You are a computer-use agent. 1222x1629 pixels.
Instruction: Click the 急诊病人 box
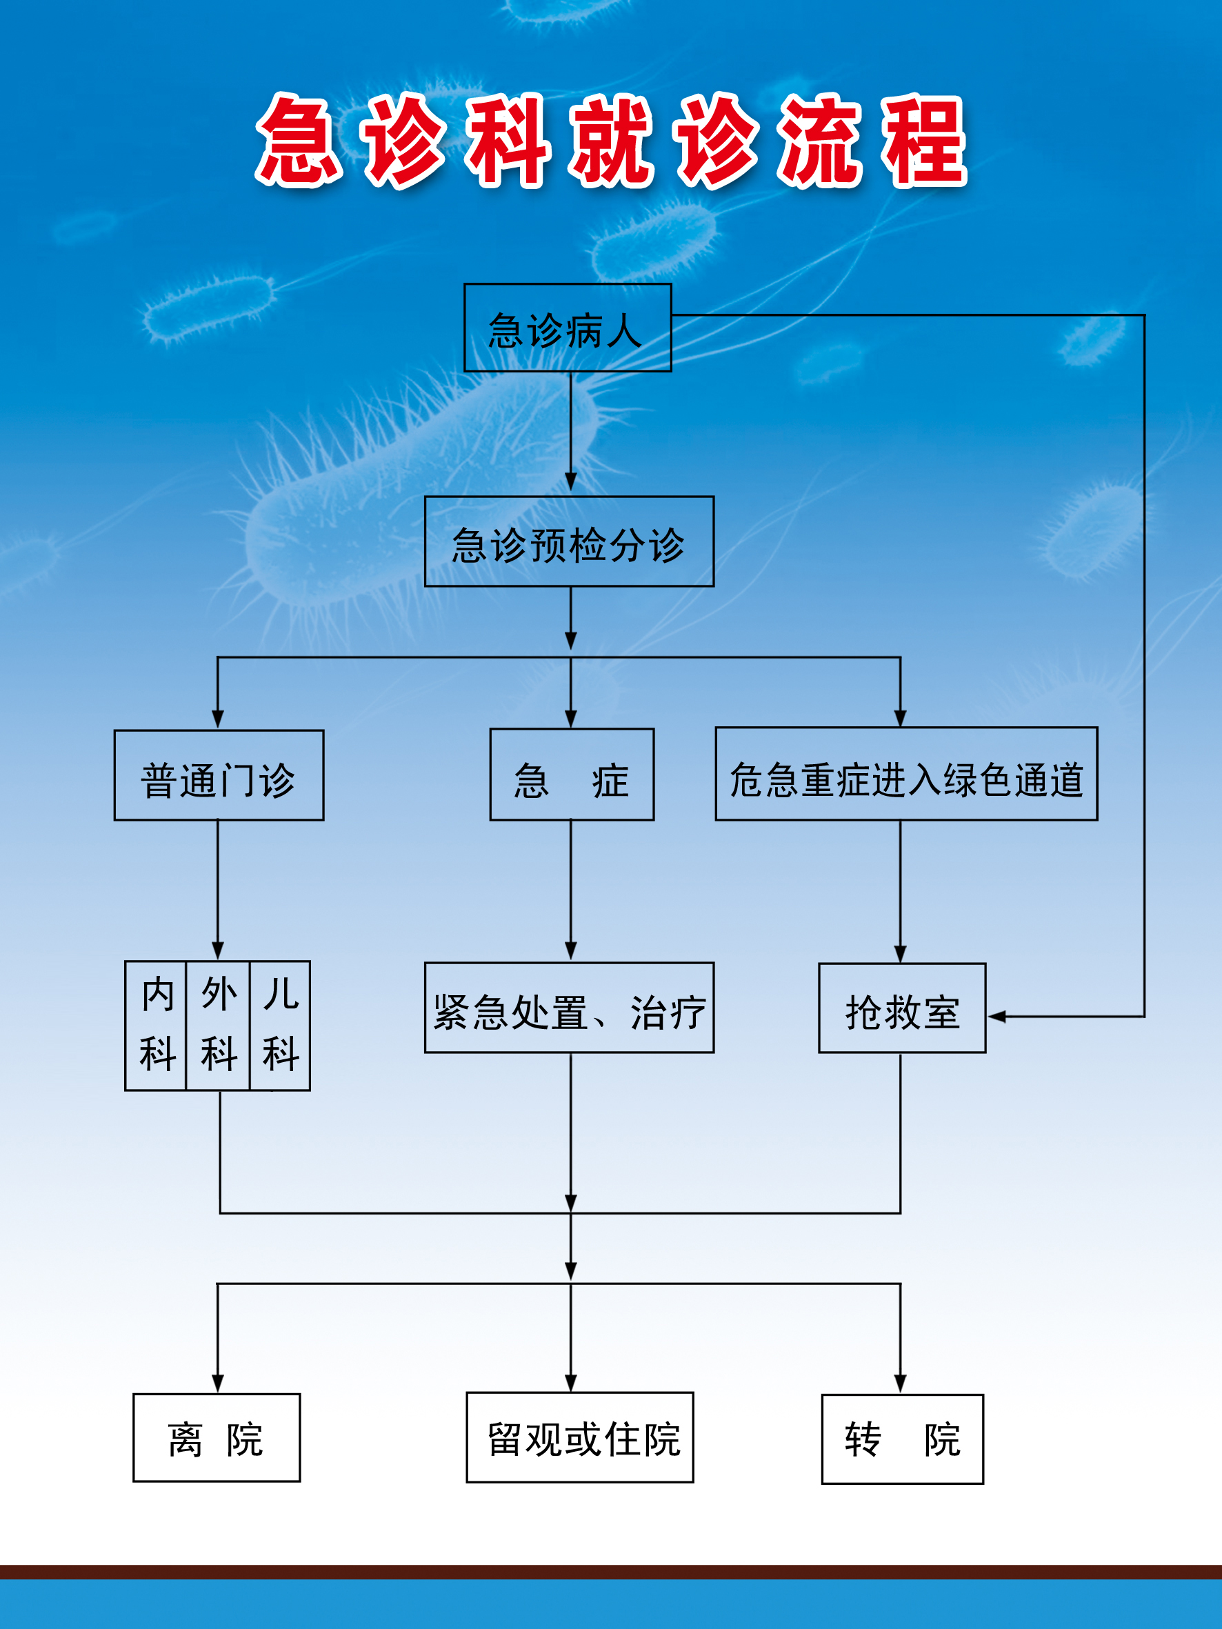pyautogui.click(x=567, y=328)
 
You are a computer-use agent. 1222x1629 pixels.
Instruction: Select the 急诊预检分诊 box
pyautogui.click(x=569, y=542)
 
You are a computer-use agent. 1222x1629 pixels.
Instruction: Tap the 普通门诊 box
pyautogui.click(x=219, y=775)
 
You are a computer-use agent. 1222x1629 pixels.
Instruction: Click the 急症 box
pyautogui.click(x=572, y=774)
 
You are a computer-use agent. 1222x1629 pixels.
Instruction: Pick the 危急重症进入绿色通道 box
pyautogui.click(x=906, y=774)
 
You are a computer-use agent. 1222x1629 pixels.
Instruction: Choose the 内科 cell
pyautogui.click(x=156, y=1025)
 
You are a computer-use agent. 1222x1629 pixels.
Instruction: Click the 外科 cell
pyautogui.click(x=218, y=1025)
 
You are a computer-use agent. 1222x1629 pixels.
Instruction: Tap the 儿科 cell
pyautogui.click(x=280, y=1025)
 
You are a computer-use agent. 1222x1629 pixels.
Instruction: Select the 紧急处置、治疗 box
pyautogui.click(x=569, y=1008)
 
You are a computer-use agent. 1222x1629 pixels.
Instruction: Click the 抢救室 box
pyautogui.click(x=901, y=1008)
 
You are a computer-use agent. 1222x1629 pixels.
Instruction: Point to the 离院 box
pyautogui.click(x=217, y=1437)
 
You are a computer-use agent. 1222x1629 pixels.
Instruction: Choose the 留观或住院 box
pyautogui.click(x=580, y=1437)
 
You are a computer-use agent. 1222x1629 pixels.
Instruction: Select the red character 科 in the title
pyautogui.click(x=508, y=140)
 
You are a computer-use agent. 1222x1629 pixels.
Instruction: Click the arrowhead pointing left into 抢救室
pyautogui.click(x=996, y=1017)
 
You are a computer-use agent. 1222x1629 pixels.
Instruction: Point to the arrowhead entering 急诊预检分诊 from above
pyautogui.click(x=571, y=481)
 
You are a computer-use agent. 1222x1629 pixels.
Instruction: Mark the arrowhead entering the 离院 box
pyautogui.click(x=217, y=1382)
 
